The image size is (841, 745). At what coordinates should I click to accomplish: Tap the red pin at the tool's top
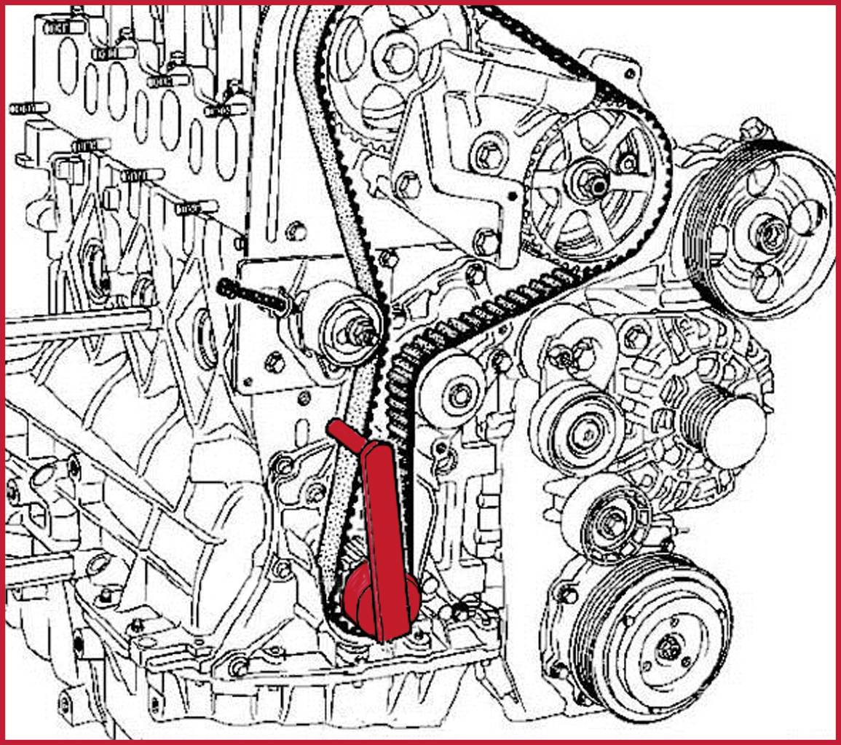point(339,431)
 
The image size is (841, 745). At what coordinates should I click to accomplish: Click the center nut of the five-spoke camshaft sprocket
point(595,184)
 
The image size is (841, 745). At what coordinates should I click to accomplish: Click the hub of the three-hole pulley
point(769,232)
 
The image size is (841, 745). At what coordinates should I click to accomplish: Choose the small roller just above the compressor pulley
point(606,519)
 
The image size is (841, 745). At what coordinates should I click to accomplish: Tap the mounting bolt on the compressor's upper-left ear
point(566,594)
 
